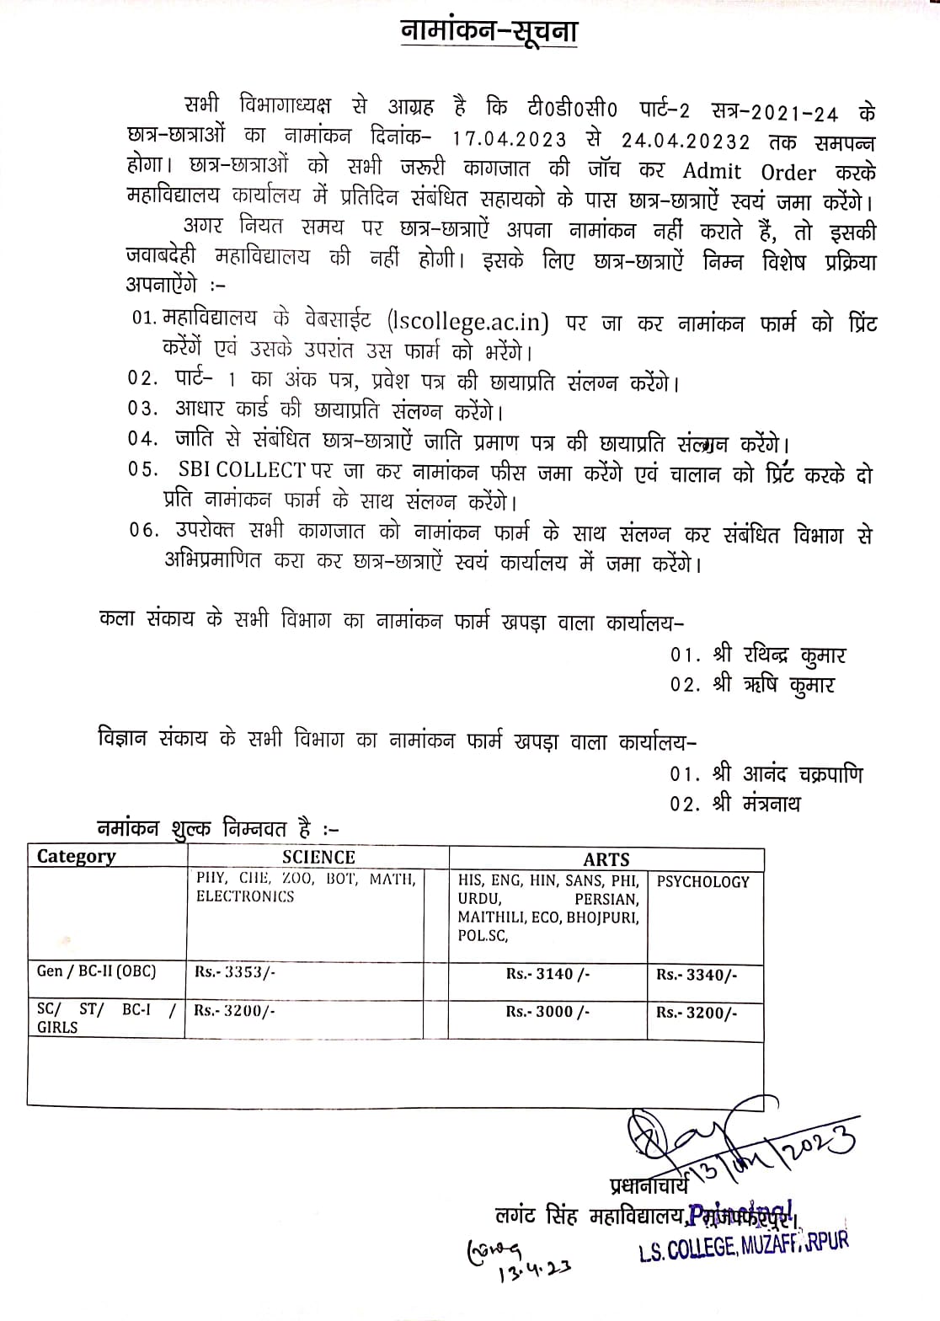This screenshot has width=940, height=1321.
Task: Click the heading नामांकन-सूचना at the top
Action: coord(488,31)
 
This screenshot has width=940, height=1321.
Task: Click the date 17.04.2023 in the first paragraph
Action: coord(509,138)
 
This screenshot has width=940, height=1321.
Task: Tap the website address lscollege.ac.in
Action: coord(469,322)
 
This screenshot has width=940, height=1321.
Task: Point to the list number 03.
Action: coord(142,409)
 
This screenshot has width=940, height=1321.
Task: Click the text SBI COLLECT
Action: coord(242,469)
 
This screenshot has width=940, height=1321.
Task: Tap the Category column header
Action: coord(76,857)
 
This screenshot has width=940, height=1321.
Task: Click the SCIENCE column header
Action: coord(318,858)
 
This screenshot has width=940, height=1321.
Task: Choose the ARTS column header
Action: coord(606,859)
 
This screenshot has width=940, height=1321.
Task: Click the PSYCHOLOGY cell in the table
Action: coord(702,882)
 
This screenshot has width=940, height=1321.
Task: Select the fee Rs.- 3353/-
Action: coord(235,971)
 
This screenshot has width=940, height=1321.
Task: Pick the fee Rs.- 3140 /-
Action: coord(547,974)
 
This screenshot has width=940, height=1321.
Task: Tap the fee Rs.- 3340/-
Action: coord(697,975)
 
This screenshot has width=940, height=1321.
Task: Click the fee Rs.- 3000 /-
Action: coord(547,1012)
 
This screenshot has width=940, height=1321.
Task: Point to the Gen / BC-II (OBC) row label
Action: coord(96,971)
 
